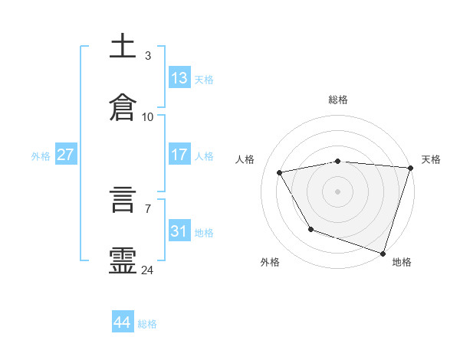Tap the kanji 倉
coord(123,108)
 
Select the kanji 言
coord(123,202)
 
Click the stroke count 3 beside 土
coord(147,56)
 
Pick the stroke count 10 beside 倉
coord(148,117)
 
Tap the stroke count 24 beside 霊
coord(148,270)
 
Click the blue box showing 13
coord(179,78)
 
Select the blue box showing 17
coord(179,155)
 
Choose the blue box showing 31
coord(179,231)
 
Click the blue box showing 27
coord(65,155)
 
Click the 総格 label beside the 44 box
coord(147,324)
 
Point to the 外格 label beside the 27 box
coord(41,156)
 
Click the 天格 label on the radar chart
coord(431,159)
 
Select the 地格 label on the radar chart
coord(402,262)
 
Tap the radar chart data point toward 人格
coord(280,173)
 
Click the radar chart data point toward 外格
coord(310,229)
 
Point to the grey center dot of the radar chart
coord(337,191)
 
